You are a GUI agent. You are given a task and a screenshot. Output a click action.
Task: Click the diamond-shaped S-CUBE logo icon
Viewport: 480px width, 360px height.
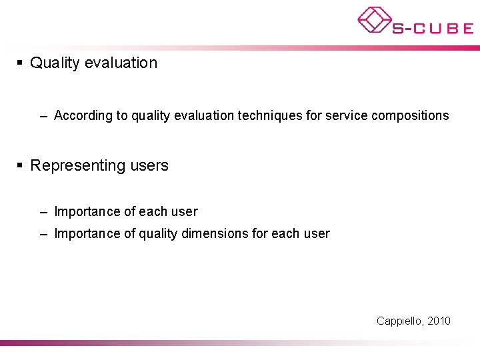pyautogui.click(x=374, y=20)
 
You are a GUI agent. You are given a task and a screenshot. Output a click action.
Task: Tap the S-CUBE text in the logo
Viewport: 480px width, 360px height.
pyautogui.click(x=433, y=28)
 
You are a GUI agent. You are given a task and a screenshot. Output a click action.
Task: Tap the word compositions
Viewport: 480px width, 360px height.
pyautogui.click(x=410, y=116)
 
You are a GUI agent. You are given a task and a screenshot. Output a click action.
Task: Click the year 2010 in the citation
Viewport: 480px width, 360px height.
pyautogui.click(x=439, y=321)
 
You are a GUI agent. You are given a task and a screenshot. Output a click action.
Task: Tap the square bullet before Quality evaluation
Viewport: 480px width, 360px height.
pyautogui.click(x=20, y=63)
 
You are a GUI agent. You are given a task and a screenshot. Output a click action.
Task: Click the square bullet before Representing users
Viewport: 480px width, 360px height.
pyautogui.click(x=20, y=165)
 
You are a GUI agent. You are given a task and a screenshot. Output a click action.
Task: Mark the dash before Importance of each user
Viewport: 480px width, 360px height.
pyautogui.click(x=43, y=213)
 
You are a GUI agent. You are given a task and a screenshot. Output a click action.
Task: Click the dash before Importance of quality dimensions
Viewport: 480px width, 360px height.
pyautogui.click(x=43, y=234)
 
